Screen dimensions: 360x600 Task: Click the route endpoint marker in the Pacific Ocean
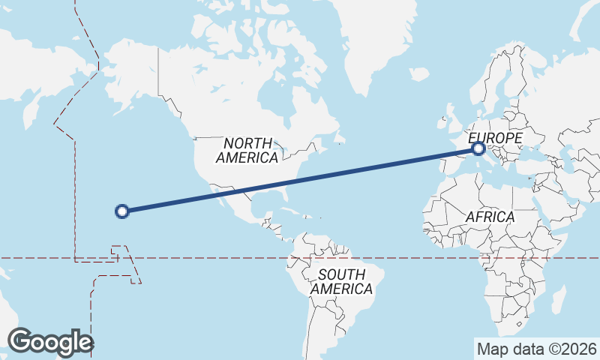(123, 211)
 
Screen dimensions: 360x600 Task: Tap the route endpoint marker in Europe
(478, 149)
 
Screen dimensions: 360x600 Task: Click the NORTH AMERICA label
(247, 150)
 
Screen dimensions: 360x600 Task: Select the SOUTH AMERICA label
(341, 281)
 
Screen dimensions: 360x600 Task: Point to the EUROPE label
(495, 138)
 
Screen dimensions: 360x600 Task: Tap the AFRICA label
(490, 217)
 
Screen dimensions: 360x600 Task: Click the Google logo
(51, 342)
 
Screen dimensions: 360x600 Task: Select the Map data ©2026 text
(536, 349)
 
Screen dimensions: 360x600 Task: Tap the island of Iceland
(418, 73)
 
